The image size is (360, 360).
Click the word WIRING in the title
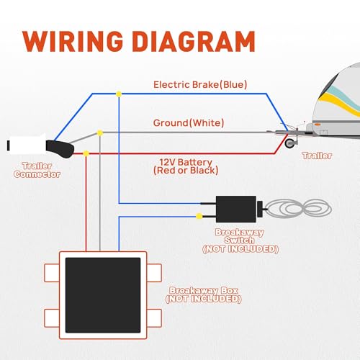point(73,41)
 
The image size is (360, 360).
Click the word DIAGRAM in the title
point(194,41)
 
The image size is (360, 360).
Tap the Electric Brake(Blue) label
point(200,85)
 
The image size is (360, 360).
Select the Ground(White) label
point(189,123)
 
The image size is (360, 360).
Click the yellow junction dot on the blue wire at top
point(119,94)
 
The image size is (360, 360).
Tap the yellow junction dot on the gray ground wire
point(100,132)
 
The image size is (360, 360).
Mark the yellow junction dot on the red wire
point(86,153)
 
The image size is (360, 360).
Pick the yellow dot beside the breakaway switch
point(199,216)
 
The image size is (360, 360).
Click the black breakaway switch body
point(236,209)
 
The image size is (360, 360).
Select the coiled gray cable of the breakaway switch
point(299,208)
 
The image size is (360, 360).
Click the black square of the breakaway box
point(103,295)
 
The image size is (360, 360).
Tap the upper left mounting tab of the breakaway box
point(52,273)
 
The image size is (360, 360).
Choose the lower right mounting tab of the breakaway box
point(154,318)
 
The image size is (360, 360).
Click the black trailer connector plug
point(60,148)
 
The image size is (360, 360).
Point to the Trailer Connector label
point(37,170)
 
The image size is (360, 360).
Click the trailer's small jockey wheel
point(290,143)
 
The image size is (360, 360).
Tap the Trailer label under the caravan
point(318,156)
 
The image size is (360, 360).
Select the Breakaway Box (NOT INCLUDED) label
point(204,294)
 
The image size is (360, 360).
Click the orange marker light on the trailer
point(318,125)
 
